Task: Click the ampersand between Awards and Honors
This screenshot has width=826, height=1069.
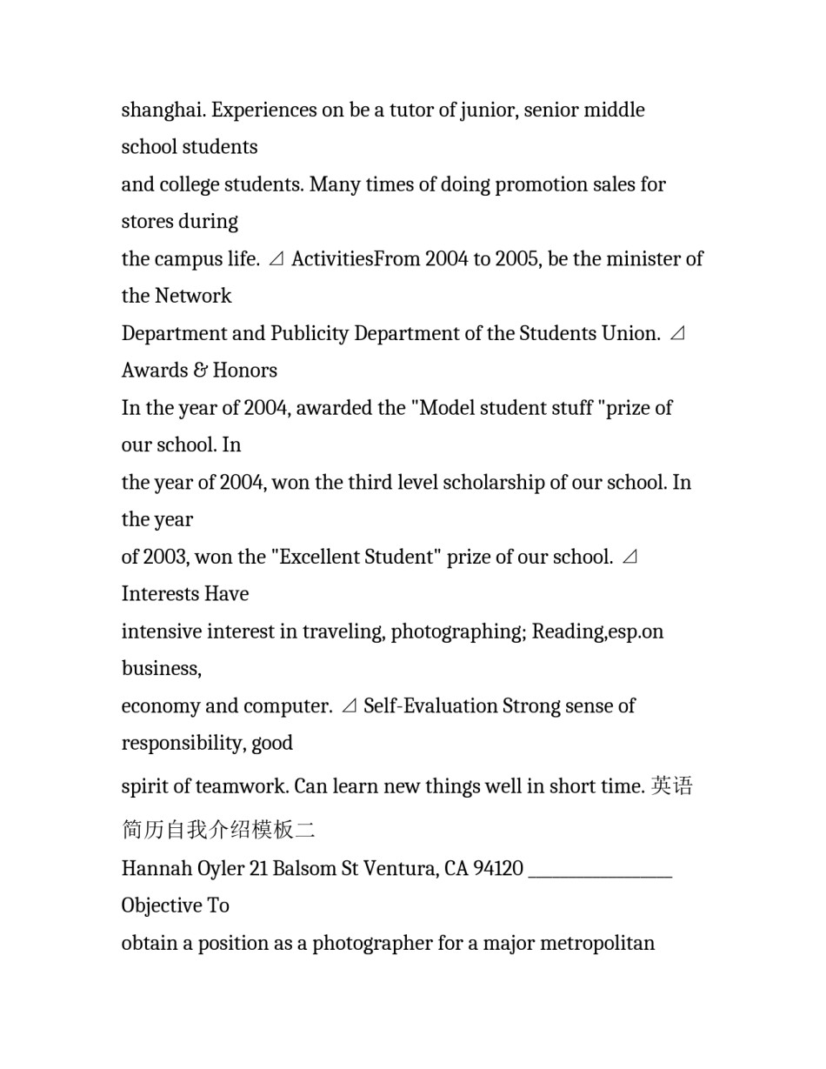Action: click(201, 371)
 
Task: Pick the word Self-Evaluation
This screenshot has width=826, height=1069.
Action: click(430, 706)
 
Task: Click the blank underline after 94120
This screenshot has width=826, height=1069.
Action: click(600, 873)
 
